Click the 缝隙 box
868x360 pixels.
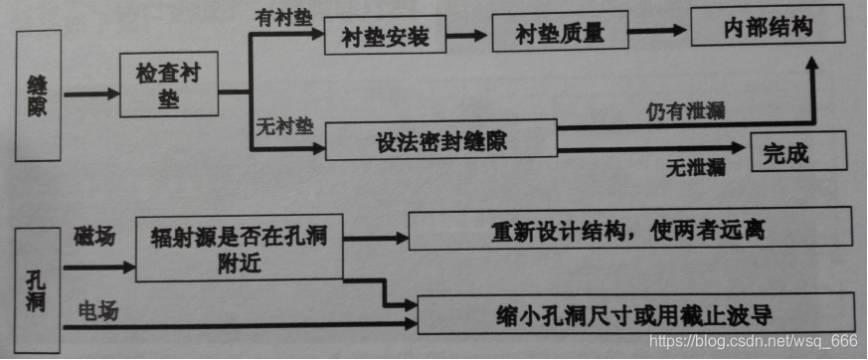tap(41, 95)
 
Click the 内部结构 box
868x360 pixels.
tap(767, 27)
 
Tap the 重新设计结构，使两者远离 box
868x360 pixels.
tap(630, 230)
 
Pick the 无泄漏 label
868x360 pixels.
tap(694, 167)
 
